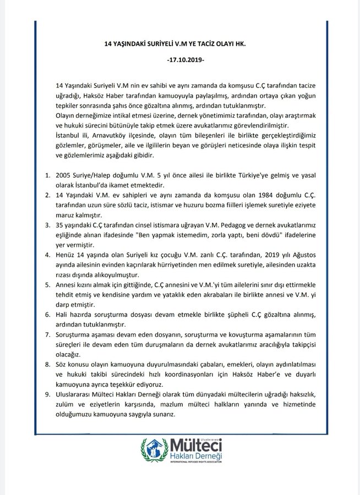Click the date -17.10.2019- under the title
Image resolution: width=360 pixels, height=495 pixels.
point(179,61)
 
